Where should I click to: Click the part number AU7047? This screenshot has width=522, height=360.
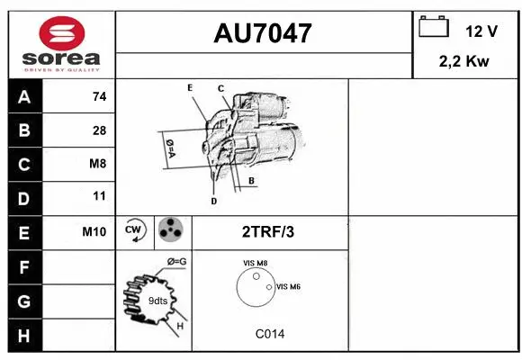(263, 33)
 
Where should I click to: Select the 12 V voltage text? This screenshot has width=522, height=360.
(481, 31)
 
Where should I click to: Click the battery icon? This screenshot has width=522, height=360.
(434, 28)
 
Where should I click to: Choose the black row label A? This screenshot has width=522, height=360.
(24, 97)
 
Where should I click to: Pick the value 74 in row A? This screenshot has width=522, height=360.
(99, 97)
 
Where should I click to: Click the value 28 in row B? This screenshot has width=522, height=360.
(99, 130)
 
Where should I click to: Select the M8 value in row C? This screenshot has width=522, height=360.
(98, 164)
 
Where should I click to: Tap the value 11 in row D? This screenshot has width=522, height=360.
(99, 196)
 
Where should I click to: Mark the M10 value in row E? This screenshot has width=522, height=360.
(94, 231)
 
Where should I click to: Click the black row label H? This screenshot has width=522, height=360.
(24, 335)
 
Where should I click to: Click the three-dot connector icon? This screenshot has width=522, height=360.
(170, 230)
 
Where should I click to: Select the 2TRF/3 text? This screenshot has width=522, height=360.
(268, 231)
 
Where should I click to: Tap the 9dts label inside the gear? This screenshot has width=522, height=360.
(157, 300)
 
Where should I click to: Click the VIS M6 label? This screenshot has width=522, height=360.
(289, 286)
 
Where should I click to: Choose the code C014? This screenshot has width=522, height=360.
(269, 333)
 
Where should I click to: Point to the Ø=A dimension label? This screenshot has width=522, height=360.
(169, 147)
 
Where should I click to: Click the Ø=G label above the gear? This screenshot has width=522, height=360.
(176, 261)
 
